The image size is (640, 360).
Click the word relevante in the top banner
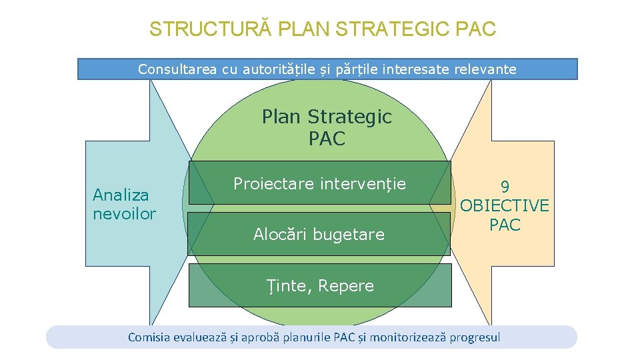485,69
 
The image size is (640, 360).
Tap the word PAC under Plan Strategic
327,139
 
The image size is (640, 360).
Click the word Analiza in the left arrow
121,195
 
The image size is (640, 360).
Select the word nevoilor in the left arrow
124,213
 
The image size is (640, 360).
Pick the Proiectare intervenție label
319,183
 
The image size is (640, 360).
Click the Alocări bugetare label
319,234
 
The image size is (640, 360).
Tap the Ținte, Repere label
321,285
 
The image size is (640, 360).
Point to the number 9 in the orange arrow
505,186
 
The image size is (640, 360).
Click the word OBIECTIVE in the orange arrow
505,205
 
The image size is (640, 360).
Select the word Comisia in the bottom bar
149,337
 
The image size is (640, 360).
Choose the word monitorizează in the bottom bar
408,337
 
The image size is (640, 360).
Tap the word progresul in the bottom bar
475,337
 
